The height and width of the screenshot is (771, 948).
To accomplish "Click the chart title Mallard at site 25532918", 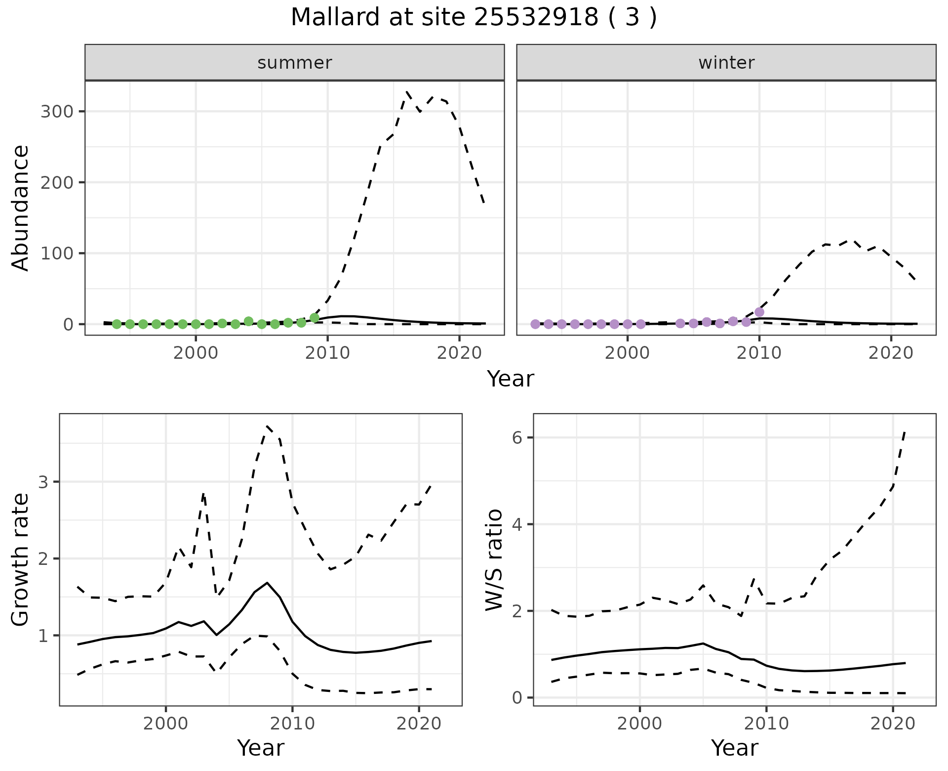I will tap(474, 18).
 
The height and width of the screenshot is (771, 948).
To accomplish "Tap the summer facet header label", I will tap(295, 63).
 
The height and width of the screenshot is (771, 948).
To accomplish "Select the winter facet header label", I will tap(726, 63).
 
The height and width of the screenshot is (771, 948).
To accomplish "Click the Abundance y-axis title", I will tap(21, 208).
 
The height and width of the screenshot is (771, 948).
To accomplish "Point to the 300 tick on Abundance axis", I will tap(56, 112).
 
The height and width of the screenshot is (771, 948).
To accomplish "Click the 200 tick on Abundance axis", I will tap(56, 182).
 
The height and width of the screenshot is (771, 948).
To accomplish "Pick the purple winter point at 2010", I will tap(759, 312).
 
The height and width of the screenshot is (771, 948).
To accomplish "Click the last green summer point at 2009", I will tap(315, 318).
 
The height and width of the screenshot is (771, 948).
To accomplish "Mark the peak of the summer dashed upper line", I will tap(407, 92).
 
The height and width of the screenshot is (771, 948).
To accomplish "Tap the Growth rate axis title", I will tap(21, 559).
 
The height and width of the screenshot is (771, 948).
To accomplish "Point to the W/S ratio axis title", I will tap(494, 559).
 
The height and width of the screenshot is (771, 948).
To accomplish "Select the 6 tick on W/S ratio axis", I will tap(517, 437).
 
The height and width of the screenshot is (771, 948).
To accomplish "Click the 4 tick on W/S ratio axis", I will tap(517, 524).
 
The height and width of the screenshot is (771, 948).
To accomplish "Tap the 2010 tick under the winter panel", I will tap(759, 353).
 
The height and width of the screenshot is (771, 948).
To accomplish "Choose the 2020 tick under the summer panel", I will tap(459, 353).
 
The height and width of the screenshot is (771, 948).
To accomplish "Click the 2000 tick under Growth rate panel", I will tap(166, 724).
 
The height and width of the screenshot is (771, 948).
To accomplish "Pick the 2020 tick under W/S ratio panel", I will tap(893, 724).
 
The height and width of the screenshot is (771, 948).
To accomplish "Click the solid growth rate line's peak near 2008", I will tap(267, 583).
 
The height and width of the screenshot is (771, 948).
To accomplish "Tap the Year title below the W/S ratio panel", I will tap(734, 748).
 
